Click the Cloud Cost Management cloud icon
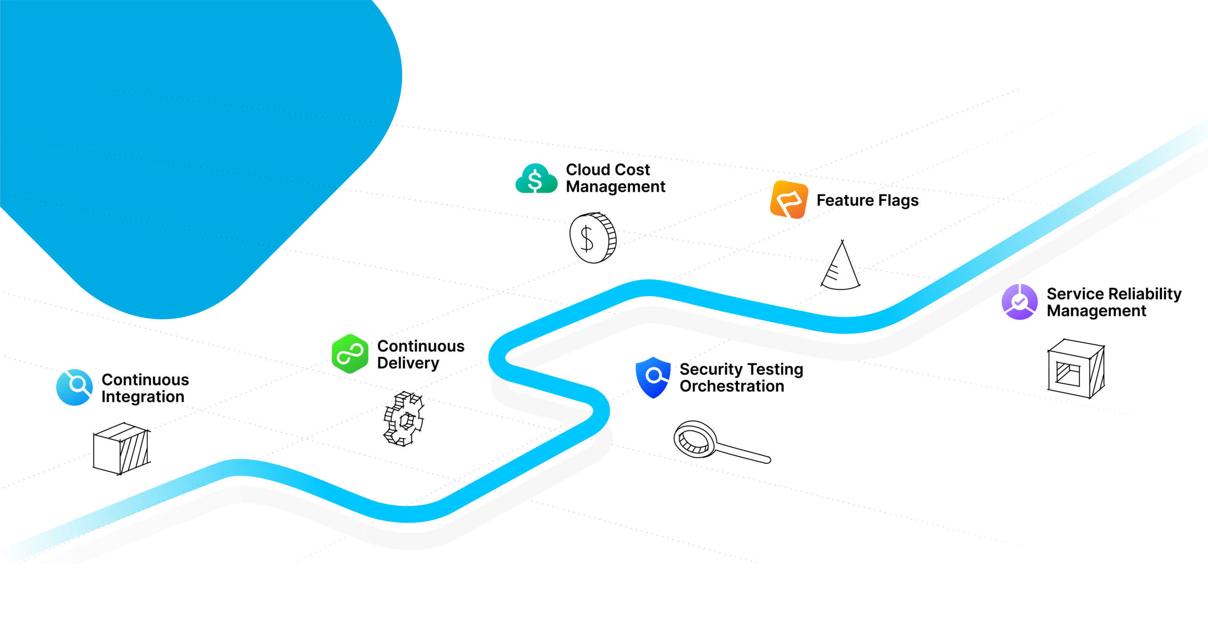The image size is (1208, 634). point(536,179)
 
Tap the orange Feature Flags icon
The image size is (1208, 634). point(789,200)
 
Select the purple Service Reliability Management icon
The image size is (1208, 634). point(1019,302)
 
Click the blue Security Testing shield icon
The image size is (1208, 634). point(653,376)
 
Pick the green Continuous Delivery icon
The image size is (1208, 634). point(350,354)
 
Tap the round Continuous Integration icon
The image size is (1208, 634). point(74,387)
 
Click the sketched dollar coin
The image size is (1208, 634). point(593,238)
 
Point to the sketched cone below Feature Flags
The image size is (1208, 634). point(841,267)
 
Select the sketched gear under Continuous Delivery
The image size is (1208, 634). point(404,419)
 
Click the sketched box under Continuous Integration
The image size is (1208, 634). point(121,448)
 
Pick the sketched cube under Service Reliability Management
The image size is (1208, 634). point(1076,369)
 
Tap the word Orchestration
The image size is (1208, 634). point(731,386)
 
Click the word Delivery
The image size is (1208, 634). point(408,363)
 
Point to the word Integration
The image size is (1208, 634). point(143,397)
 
